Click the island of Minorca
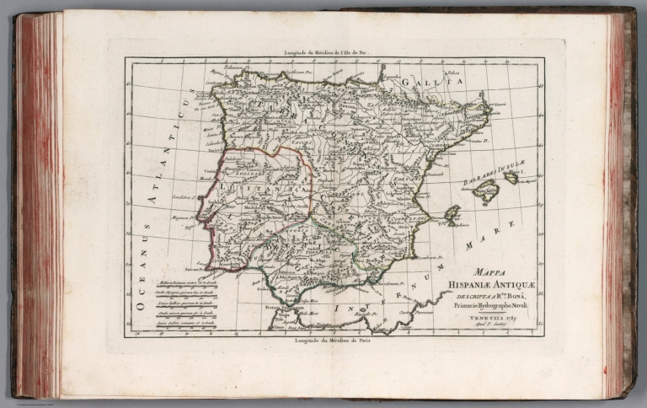pyautogui.click(x=511, y=178)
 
